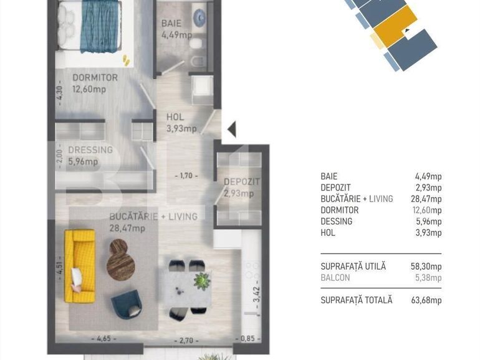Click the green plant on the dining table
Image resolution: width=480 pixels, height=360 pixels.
click(x=202, y=281)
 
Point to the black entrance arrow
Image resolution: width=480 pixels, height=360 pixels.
click(x=231, y=130)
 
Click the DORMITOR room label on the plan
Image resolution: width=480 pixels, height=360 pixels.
click(x=95, y=78)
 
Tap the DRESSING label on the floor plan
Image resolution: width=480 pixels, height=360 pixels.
click(x=90, y=150)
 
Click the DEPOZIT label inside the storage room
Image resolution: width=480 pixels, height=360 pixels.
click(x=241, y=182)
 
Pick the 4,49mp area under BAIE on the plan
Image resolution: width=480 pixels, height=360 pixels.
click(x=177, y=35)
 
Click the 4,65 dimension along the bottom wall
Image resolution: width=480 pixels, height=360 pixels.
click(x=103, y=339)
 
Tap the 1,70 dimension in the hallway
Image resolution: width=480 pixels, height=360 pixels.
click(x=186, y=176)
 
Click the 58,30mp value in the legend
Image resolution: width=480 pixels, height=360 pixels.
click(x=427, y=266)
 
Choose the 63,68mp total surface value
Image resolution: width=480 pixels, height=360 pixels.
click(x=427, y=300)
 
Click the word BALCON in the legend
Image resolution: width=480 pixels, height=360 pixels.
click(x=335, y=278)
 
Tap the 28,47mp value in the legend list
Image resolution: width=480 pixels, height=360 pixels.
click(x=427, y=199)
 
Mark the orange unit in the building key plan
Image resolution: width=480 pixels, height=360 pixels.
click(x=398, y=28)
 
